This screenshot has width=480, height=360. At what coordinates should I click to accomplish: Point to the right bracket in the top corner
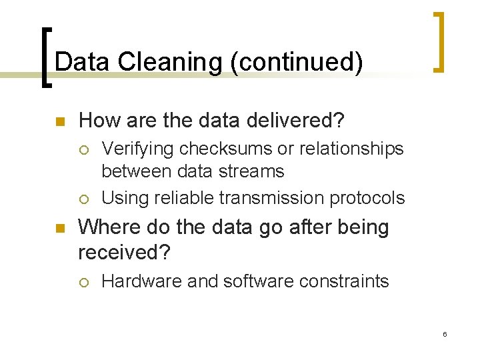439,41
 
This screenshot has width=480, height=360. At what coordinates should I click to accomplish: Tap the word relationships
349,149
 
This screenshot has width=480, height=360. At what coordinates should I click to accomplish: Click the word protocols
371,198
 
